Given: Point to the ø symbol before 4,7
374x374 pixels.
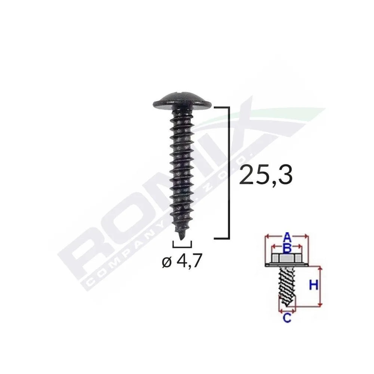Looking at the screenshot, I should (x=167, y=263).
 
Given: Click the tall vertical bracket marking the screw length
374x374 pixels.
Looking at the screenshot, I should (x=227, y=172).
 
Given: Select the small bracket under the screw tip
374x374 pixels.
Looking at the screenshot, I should (x=182, y=245).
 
